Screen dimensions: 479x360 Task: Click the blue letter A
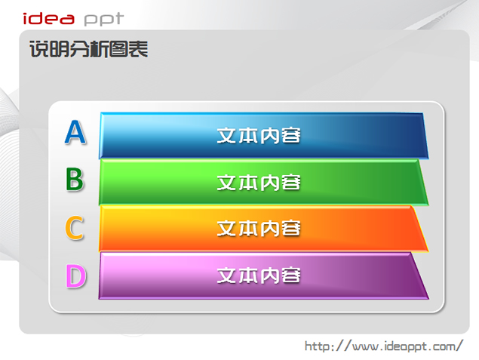point(75,132)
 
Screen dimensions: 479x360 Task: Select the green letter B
point(75,179)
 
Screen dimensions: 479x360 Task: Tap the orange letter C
point(74,228)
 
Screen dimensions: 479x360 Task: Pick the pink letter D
point(75,276)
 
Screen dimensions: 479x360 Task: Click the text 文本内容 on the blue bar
point(259,135)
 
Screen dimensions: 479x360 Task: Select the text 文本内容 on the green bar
point(259,183)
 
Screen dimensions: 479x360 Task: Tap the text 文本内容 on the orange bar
point(259,229)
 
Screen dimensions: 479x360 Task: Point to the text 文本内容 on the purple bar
point(259,275)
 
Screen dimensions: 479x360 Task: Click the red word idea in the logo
point(48,18)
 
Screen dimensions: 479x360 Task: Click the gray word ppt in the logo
point(104,20)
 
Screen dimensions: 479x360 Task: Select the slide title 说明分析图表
point(88,49)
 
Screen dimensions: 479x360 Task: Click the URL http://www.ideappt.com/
point(384,346)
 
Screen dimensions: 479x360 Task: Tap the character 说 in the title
point(39,49)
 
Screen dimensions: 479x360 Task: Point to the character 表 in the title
point(138,49)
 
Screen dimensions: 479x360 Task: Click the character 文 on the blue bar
point(227,135)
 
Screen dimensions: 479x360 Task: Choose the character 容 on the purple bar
point(291,275)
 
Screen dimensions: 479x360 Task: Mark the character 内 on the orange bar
point(269,229)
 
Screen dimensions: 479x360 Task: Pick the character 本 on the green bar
point(248,183)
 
